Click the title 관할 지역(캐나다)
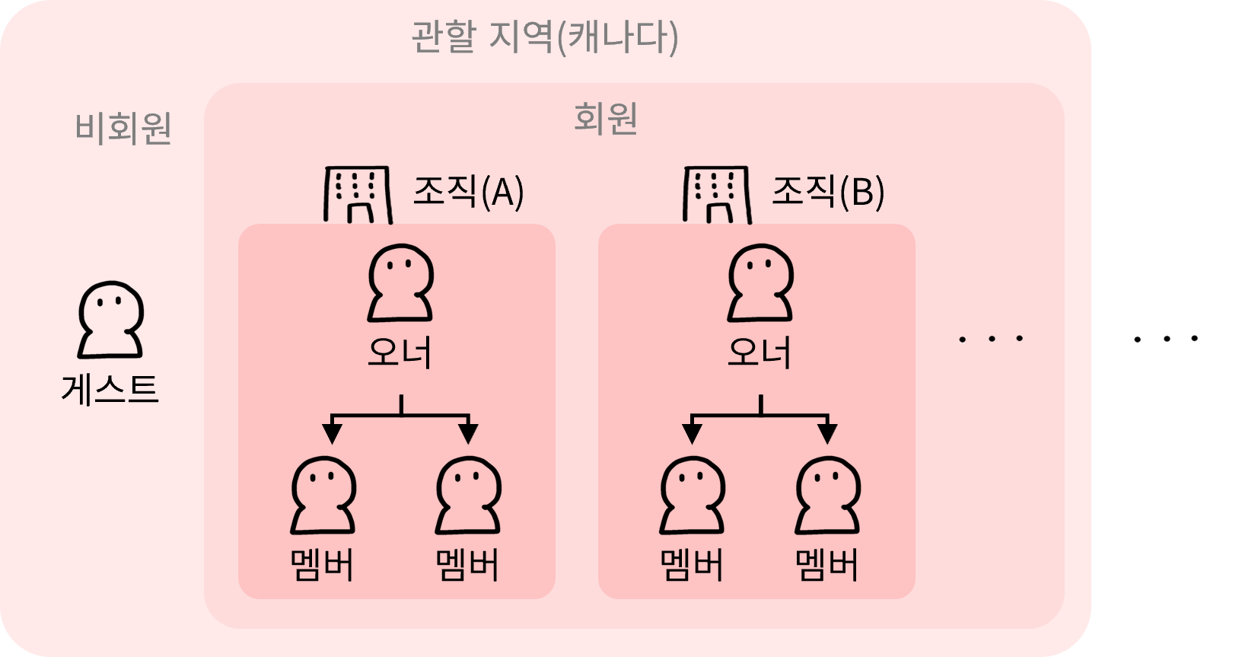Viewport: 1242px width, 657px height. click(x=545, y=37)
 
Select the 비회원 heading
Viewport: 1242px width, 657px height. click(x=123, y=128)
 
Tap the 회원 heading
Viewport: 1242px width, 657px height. click(x=606, y=119)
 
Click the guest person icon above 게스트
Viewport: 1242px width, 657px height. click(x=110, y=320)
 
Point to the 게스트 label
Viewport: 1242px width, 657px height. click(x=110, y=390)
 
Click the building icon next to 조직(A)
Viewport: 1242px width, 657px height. click(x=358, y=194)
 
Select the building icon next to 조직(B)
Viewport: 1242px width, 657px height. click(x=717, y=194)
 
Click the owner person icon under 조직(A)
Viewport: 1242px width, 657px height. click(x=400, y=282)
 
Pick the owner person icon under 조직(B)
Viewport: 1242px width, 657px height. click(x=760, y=282)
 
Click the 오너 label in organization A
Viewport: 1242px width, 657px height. click(x=400, y=352)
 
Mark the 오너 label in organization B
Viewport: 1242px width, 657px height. click(x=760, y=352)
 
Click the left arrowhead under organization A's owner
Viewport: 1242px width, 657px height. click(x=332, y=433)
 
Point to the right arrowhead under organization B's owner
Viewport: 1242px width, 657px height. click(x=827, y=433)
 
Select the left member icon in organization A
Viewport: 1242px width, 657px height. click(x=323, y=495)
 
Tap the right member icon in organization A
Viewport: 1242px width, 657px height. click(x=467, y=495)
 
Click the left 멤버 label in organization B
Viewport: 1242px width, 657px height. click(x=692, y=565)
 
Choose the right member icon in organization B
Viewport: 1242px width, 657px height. click(x=827, y=495)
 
